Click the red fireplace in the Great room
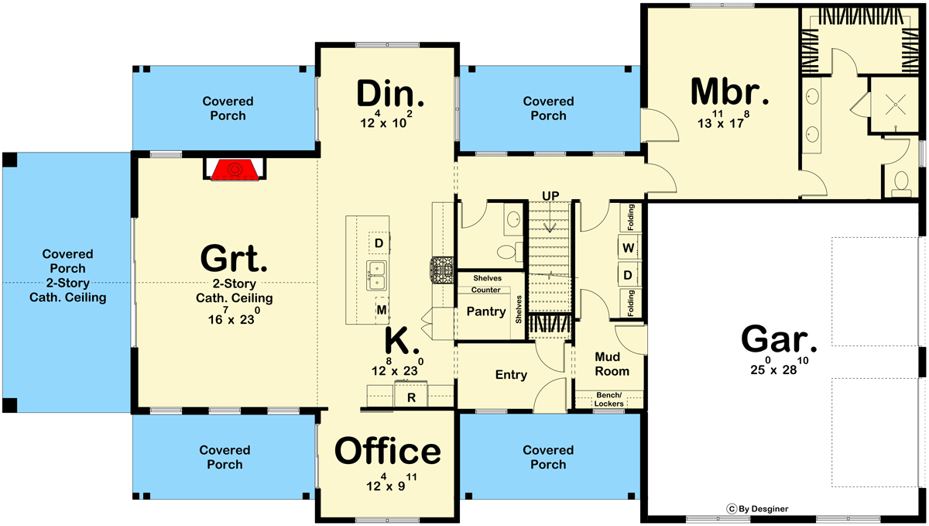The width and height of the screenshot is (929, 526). tap(235, 170)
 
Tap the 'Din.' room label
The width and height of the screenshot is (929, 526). tap(390, 94)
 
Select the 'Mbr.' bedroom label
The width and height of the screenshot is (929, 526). tap(729, 91)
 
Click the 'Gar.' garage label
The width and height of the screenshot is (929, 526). tap(779, 339)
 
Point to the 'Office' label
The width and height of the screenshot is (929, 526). tap(387, 451)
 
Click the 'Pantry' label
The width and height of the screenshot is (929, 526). tap(486, 311)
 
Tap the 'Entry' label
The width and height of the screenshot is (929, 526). tap(511, 375)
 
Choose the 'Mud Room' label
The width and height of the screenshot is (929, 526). tap(612, 363)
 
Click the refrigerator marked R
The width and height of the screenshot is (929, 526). tap(410, 394)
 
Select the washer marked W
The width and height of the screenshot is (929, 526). tap(629, 248)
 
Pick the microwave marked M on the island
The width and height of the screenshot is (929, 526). tap(382, 310)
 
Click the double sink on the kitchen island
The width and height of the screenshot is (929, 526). tap(376, 276)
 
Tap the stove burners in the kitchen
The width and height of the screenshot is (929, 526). tap(442, 270)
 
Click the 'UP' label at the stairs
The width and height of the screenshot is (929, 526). tap(550, 195)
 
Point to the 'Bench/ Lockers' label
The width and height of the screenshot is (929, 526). tap(608, 400)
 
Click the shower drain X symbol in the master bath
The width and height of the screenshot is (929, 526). tap(896, 105)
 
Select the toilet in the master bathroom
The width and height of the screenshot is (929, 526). tap(901, 184)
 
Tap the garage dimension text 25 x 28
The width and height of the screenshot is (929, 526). tap(779, 366)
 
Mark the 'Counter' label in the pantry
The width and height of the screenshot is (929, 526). tap(485, 290)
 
